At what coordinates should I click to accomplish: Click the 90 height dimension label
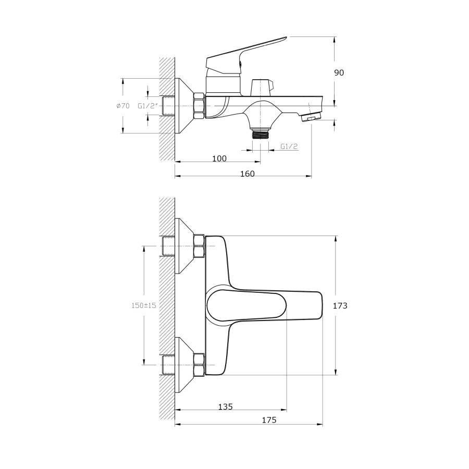pos(339,72)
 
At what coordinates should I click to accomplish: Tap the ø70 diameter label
pos(123,106)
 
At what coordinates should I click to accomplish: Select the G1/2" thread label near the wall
pos(147,106)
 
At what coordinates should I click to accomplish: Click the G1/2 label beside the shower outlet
pos(289,146)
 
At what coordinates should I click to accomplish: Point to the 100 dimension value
pos(219,158)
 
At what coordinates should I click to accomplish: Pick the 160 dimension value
pos(248,174)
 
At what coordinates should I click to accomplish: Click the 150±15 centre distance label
pos(144,305)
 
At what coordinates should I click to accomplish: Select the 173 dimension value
pos(340,305)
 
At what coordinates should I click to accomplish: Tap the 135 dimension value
pos(225,407)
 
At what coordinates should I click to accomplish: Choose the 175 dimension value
pos(269,420)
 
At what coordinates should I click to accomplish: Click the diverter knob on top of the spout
pos(261,88)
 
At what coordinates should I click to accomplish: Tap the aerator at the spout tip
pos(311,116)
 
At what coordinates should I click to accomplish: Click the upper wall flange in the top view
pos(184,246)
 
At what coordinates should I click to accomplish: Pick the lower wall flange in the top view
pos(184,365)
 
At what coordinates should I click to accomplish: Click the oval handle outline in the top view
pos(246,305)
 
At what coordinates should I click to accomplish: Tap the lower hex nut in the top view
pos(200,365)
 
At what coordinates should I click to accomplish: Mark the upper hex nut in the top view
pos(200,246)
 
